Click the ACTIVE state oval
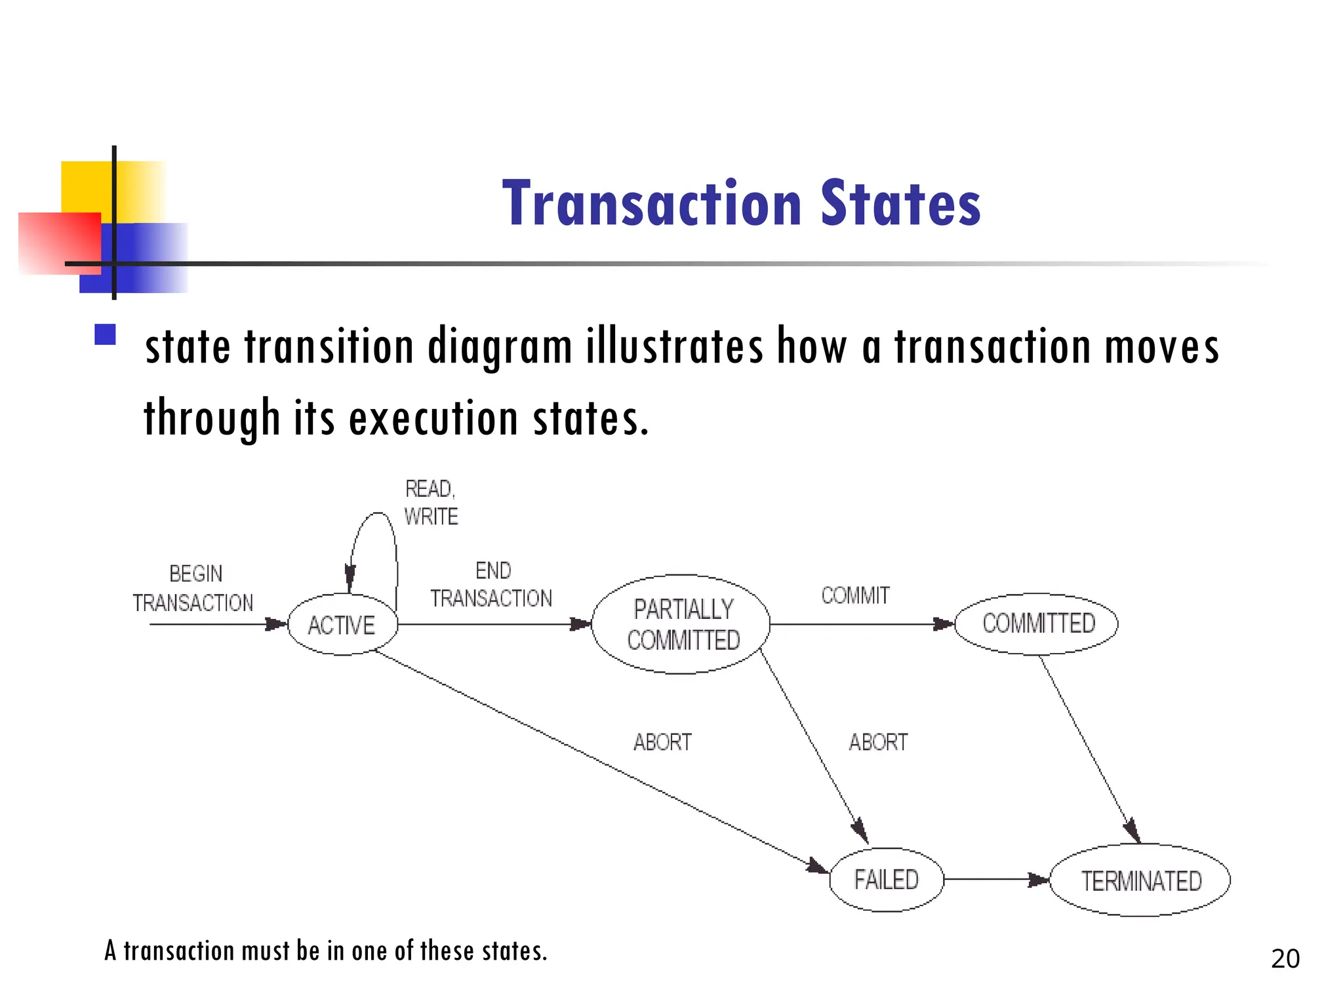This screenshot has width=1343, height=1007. point(342,625)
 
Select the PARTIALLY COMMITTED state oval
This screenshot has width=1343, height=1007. point(682,625)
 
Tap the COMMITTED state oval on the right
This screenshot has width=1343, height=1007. point(1038,623)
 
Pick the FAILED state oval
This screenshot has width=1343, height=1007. point(887,880)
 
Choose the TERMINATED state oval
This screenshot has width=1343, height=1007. point(1140,881)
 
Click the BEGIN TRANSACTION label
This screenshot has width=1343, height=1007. point(193,588)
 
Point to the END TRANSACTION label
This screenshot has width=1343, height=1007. point(492,585)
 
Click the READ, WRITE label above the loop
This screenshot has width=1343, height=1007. point(431,503)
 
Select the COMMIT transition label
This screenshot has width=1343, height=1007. point(856,596)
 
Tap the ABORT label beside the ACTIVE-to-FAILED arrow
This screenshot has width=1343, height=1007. point(662,742)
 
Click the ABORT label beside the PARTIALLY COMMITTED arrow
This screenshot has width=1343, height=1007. point(879,742)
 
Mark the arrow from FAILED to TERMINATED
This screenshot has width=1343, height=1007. point(997,880)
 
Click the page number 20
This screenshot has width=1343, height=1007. point(1285,959)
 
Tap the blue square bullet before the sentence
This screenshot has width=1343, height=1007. point(105,334)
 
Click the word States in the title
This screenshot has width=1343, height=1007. point(900,204)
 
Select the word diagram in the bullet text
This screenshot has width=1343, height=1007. point(499,347)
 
